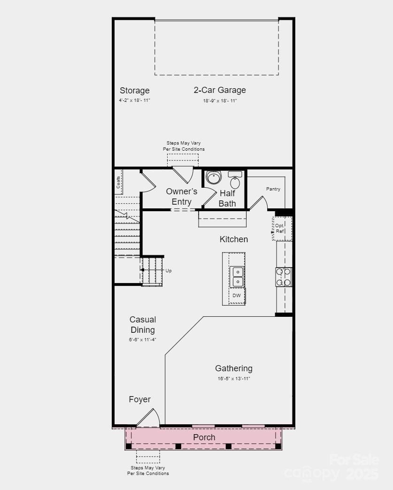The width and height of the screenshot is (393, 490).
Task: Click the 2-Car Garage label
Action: [x=220, y=90]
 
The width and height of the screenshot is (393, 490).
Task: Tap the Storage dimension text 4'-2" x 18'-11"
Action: [x=134, y=100]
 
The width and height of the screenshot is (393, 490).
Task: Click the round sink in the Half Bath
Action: [x=214, y=178]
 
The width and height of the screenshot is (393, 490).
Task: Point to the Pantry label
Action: [x=273, y=189]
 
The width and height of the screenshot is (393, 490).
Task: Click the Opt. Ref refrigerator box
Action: [x=282, y=229]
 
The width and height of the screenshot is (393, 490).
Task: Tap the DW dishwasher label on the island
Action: [x=237, y=296]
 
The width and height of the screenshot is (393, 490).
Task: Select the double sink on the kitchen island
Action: [x=237, y=276]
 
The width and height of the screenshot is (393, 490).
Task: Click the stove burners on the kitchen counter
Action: [x=284, y=277]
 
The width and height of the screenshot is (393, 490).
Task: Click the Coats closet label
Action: [x=118, y=182]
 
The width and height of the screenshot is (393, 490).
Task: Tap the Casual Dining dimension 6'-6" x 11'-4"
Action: [x=142, y=339]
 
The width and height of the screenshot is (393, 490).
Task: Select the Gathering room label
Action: [x=233, y=368]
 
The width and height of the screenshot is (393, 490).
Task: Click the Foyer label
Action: [x=139, y=399]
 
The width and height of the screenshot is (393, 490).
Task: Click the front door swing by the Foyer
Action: [x=149, y=418]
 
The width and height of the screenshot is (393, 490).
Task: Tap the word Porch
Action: [x=204, y=437]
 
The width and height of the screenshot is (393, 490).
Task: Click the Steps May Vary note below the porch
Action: [x=148, y=471]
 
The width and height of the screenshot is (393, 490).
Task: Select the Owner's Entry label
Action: [x=181, y=197]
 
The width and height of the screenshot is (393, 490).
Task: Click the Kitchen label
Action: [x=233, y=239]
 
